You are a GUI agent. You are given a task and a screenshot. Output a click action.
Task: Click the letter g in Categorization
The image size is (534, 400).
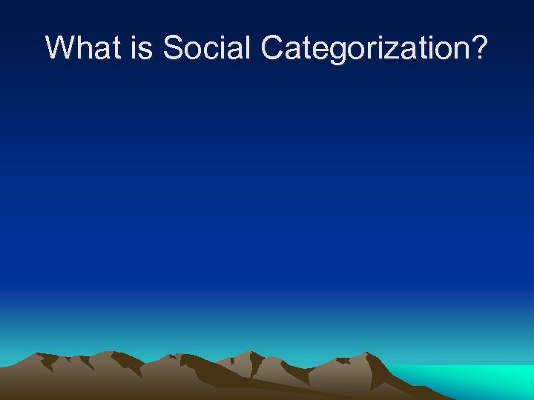click(x=340, y=52)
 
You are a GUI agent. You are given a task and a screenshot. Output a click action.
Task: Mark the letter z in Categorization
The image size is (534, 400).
click(x=400, y=51)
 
